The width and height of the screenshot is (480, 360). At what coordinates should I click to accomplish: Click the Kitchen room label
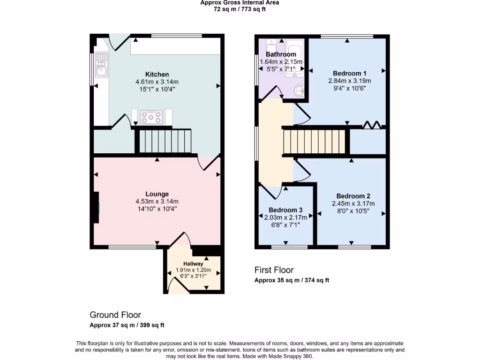point(157,75)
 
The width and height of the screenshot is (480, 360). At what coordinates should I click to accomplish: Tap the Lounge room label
point(157,194)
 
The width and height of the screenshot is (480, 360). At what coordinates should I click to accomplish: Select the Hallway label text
point(193,264)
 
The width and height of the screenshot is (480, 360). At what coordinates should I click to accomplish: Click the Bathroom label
point(281,54)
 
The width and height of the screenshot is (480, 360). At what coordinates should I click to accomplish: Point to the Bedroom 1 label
point(350,73)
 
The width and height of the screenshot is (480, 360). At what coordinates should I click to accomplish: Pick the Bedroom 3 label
point(285,210)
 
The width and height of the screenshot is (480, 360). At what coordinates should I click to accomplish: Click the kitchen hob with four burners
point(151,117)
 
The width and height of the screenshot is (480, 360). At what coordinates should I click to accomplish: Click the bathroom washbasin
point(298,90)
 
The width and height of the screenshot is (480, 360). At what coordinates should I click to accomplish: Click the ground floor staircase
point(164,141)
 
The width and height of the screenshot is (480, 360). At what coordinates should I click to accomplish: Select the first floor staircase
point(315,142)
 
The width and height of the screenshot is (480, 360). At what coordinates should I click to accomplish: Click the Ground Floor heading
point(115,315)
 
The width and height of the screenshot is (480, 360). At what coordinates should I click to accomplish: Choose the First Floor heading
point(274,270)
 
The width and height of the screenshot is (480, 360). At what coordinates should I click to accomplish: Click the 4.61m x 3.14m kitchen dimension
point(157,82)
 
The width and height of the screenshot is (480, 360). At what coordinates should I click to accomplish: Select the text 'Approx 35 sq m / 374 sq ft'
point(292,280)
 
